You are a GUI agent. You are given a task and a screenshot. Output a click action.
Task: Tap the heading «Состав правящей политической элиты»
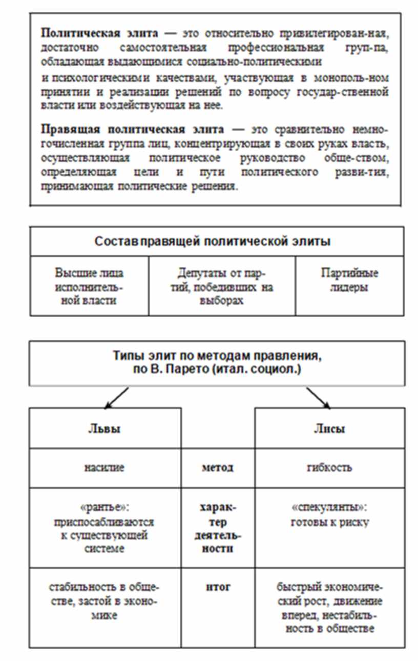tap(213, 242)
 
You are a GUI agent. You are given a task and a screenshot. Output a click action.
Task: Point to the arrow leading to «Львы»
tap(115, 398)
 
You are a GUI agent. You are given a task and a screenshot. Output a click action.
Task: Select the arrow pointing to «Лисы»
tap(318, 398)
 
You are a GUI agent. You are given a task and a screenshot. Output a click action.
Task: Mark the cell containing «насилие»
tap(104, 468)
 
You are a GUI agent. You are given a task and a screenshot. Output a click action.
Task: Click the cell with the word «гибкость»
tap(329, 468)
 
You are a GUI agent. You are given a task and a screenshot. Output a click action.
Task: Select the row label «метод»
tap(218, 468)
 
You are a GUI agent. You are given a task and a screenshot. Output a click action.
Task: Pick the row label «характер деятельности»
tap(218, 528)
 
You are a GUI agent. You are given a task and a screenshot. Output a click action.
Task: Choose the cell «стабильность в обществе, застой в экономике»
tap(104, 601)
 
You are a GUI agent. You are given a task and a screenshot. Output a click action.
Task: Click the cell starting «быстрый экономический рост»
tap(329, 607)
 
